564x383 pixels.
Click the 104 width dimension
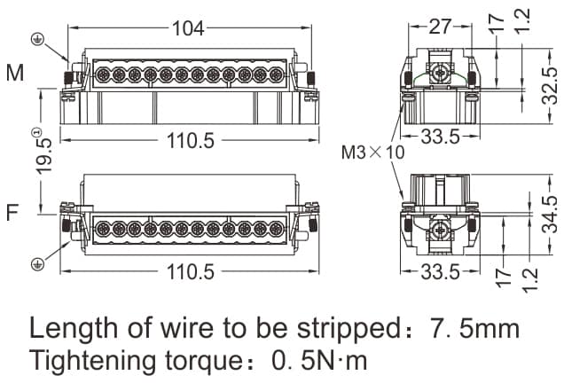[x=187, y=28]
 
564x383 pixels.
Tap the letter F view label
[x=12, y=214]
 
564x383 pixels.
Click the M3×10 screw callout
[x=373, y=152]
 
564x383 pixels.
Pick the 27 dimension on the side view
[x=440, y=27]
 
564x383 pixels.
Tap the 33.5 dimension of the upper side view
[x=441, y=137]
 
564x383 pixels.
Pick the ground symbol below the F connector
[x=38, y=263]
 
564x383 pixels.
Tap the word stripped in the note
[x=332, y=330]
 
